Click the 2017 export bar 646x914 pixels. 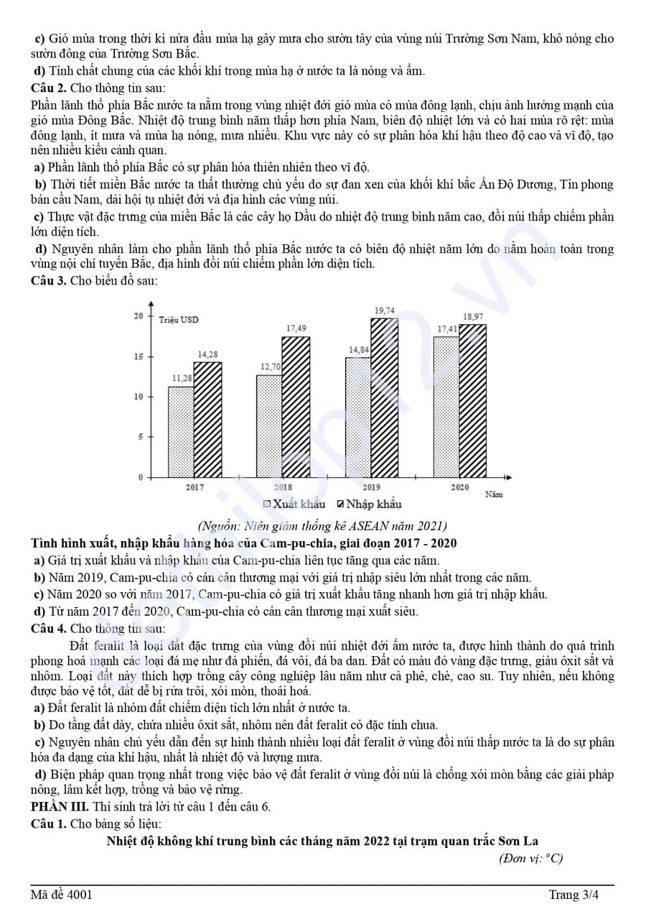[181, 432]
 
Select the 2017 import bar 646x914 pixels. [208, 420]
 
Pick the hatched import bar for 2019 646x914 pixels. [385, 398]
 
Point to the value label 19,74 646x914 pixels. [385, 310]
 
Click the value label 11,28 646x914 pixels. [182, 379]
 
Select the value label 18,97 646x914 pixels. [473, 316]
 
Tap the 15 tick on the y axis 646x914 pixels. [139, 356]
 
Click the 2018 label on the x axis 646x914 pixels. [283, 487]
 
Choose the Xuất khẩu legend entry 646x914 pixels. [296, 504]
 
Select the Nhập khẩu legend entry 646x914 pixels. [370, 504]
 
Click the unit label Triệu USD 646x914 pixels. [179, 319]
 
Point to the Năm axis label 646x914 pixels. [494, 494]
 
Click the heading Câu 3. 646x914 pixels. [49, 280]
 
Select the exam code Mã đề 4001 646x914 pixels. [61, 895]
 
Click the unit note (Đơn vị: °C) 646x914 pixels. [532, 858]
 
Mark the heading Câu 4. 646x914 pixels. [49, 628]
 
